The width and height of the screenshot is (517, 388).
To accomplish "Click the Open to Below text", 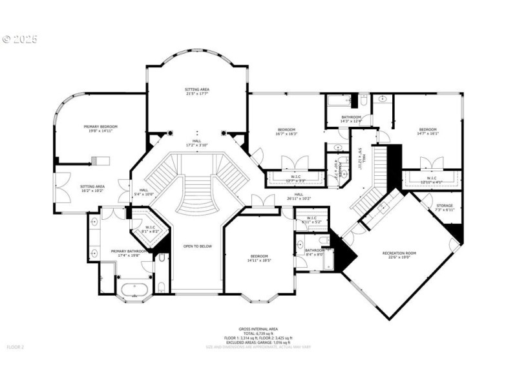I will pos(198,246).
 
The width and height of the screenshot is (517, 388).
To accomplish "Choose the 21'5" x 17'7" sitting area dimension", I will pos(198,94).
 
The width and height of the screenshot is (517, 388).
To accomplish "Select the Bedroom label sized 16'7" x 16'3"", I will pos(286,129).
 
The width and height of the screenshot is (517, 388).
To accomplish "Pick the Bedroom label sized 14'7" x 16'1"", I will pos(428,129).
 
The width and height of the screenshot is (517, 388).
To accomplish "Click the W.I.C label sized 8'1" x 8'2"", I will pos(150,228).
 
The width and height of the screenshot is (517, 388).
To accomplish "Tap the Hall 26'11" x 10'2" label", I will pos(299,196).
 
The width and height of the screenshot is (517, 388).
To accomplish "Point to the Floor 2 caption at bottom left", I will pos(15,347).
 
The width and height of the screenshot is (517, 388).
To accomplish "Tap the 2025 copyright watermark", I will pos(20,39).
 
